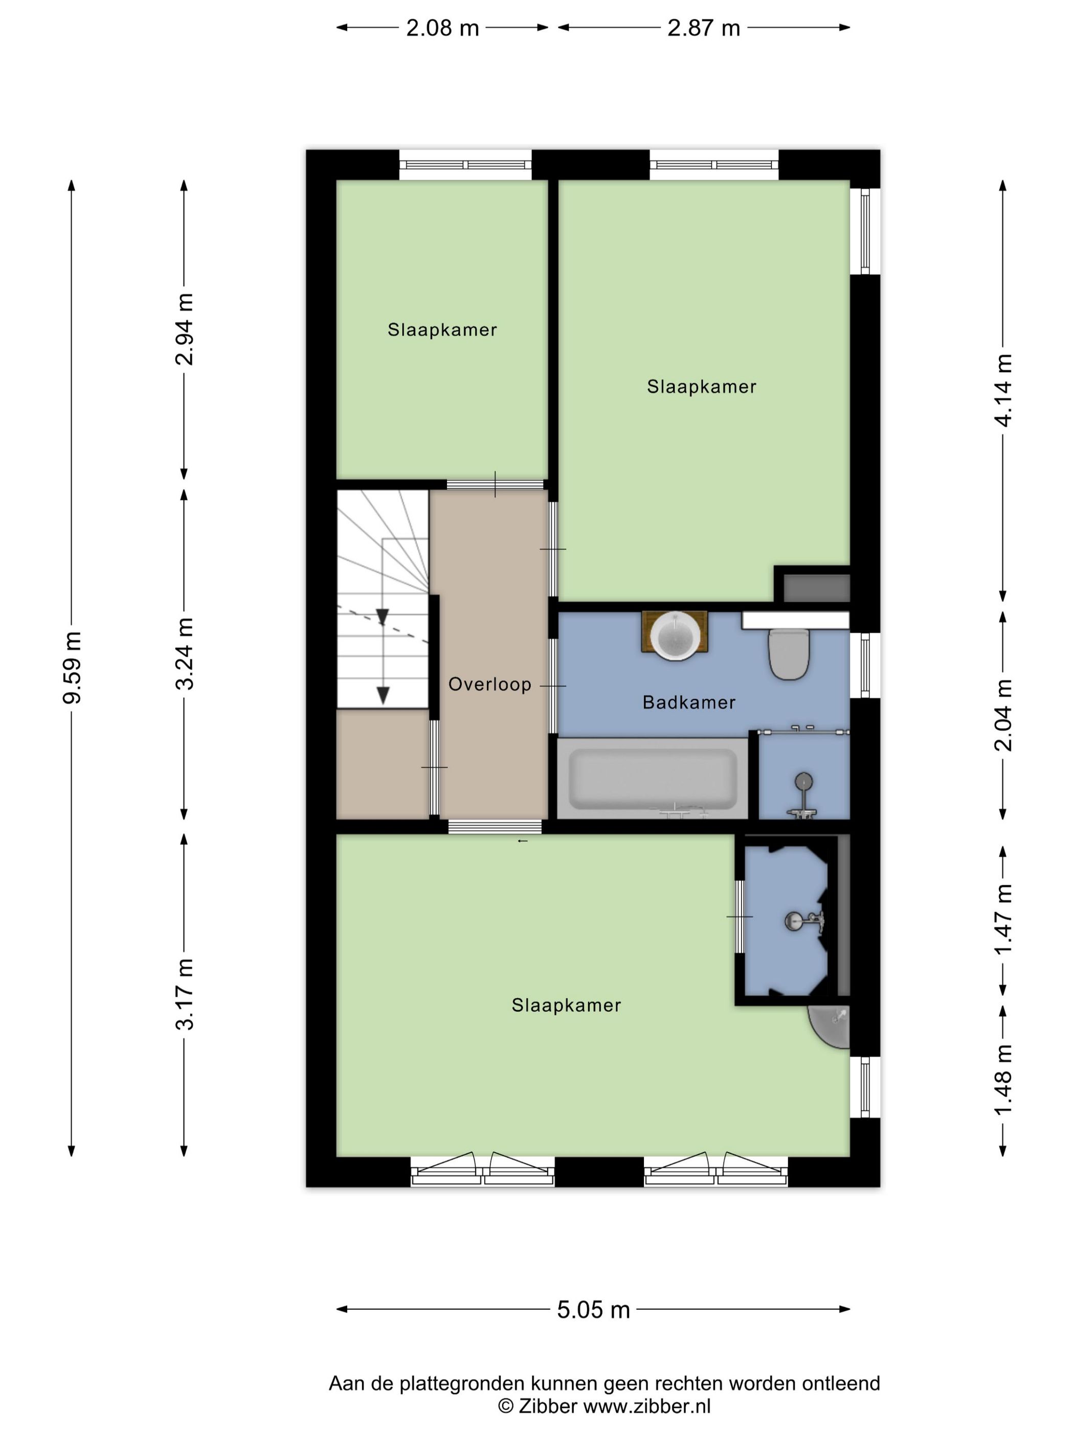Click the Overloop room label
coord(489,684)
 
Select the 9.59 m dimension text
coord(72,667)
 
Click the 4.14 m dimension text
coord(1003,390)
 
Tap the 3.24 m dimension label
coord(185,653)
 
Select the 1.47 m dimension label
coord(1003,919)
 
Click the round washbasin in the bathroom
coord(675,636)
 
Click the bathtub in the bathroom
coord(652,779)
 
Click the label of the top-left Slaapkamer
coord(442,330)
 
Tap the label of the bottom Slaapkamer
coord(567,1005)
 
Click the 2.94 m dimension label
coord(185,329)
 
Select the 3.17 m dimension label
coord(185,994)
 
